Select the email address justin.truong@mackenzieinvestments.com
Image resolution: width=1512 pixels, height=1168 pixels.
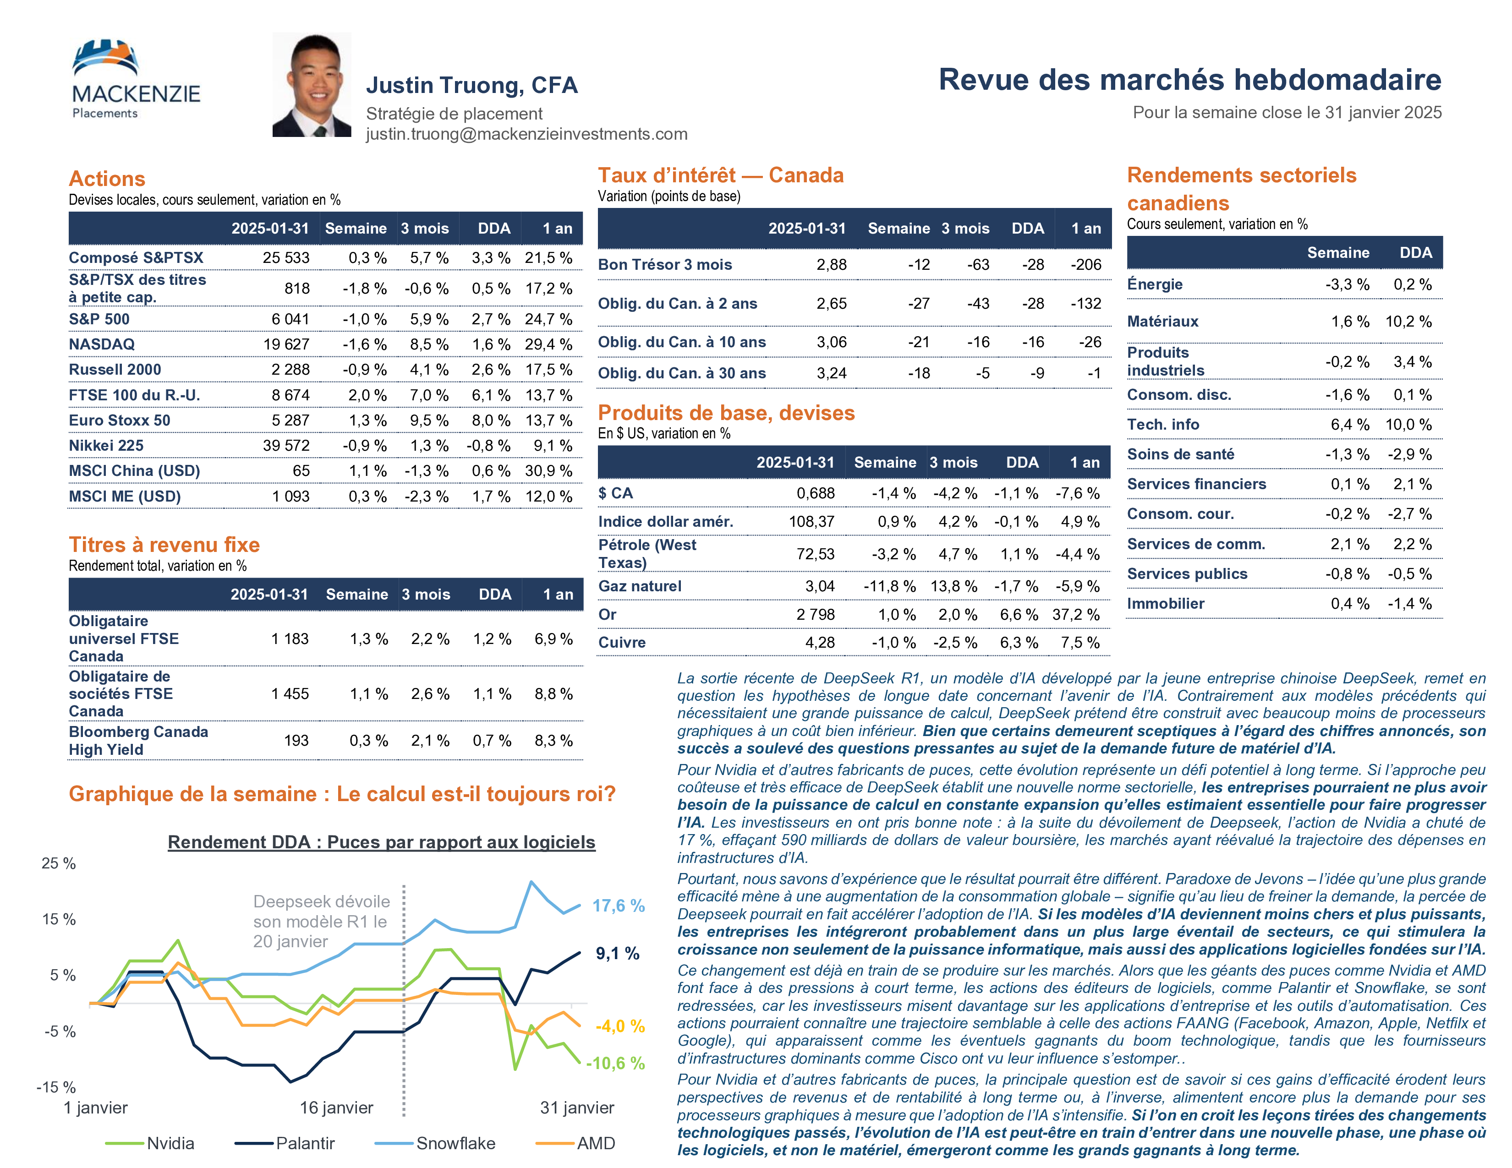[526, 134]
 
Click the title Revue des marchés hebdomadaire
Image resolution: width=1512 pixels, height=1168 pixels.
[1189, 80]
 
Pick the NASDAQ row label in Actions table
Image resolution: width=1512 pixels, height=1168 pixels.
[102, 344]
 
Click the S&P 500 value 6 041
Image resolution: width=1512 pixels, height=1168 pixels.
[290, 319]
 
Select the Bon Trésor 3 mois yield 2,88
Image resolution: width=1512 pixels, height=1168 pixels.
[832, 264]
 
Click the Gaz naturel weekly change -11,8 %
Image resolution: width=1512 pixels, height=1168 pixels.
[890, 586]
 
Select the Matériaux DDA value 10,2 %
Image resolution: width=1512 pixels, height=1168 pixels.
[1408, 321]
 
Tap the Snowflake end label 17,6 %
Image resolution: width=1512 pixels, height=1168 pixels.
[618, 906]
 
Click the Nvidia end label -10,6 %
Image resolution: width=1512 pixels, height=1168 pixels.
[615, 1064]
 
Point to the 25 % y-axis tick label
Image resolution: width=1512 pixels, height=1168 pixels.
[59, 863]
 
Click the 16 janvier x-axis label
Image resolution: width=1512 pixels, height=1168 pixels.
[336, 1108]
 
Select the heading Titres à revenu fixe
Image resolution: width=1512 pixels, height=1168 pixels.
[164, 545]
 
